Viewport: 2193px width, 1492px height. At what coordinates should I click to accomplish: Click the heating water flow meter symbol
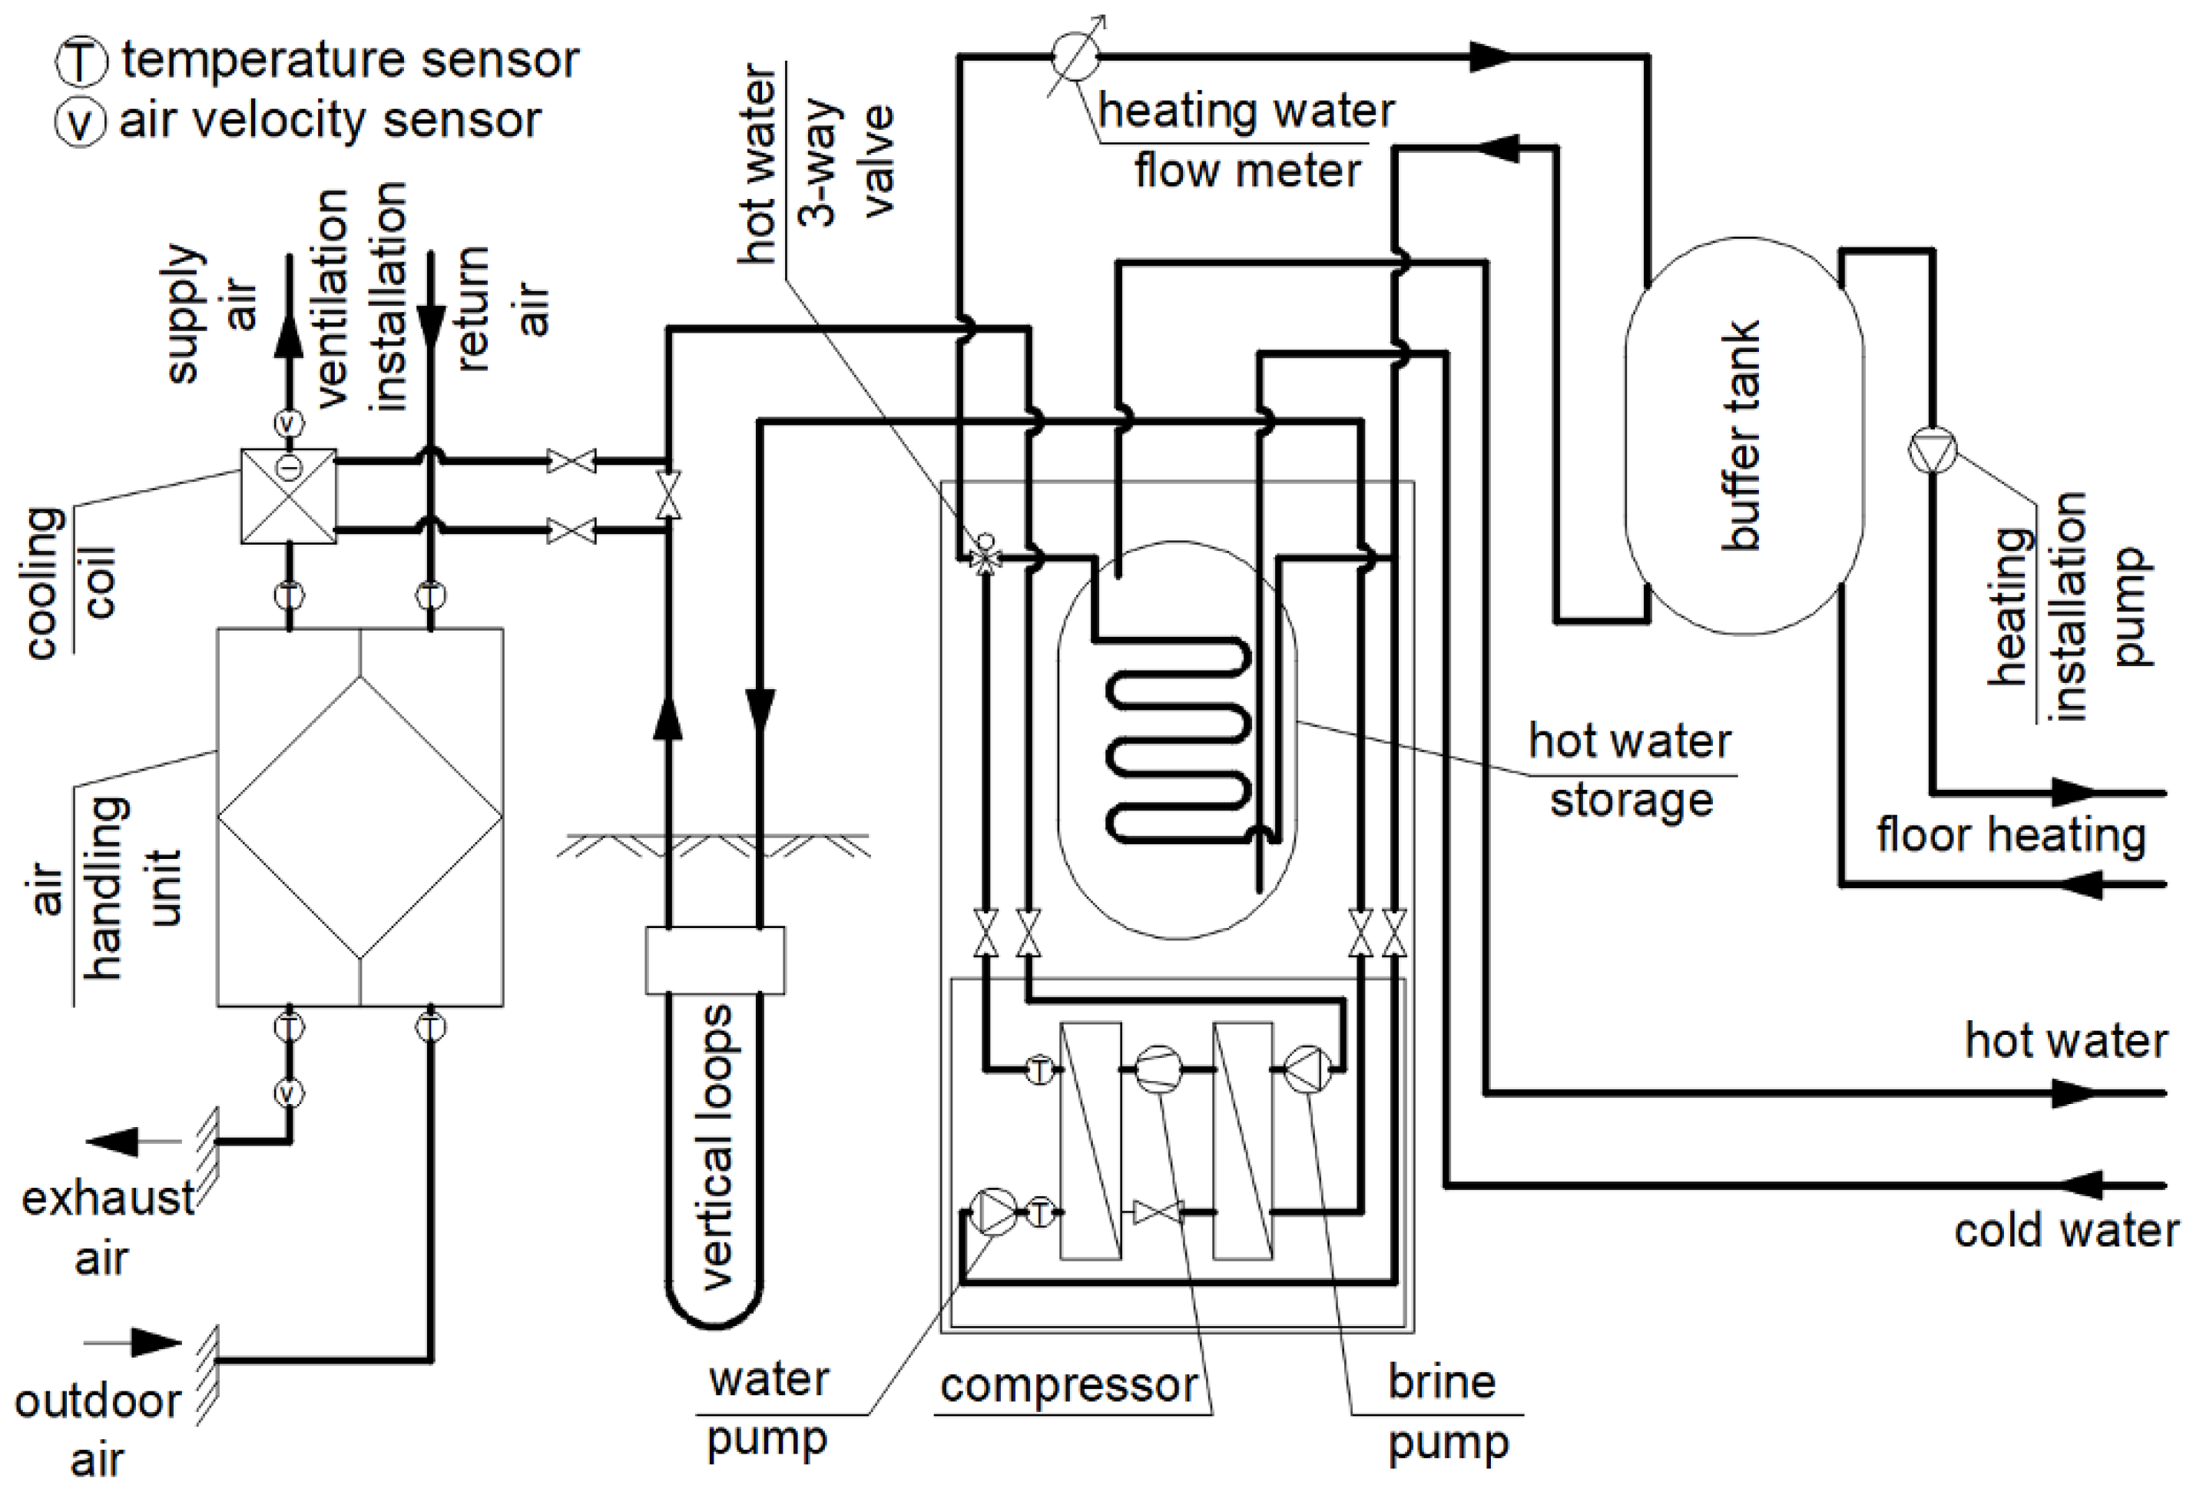pos(1075,57)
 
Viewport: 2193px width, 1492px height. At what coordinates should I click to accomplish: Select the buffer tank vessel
pos(1744,435)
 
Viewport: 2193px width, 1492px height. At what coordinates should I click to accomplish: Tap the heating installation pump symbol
pos(1933,450)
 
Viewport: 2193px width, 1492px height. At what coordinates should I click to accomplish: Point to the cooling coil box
pos(289,496)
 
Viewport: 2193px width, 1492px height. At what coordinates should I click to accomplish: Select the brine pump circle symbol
pos(1309,1069)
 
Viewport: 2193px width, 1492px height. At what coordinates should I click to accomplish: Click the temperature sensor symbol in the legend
pos(79,62)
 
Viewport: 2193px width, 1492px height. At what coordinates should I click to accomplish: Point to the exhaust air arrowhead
pos(113,1142)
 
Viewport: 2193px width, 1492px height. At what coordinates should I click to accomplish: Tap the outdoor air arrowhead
pos(156,1342)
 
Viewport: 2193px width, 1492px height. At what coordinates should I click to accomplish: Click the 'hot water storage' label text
pos(1631,770)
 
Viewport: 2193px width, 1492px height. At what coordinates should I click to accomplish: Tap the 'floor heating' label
pos(2011,835)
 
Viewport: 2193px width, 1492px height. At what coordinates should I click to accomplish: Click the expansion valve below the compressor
pos(1158,1212)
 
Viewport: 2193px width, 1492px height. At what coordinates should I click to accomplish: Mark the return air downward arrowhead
pos(431,328)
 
